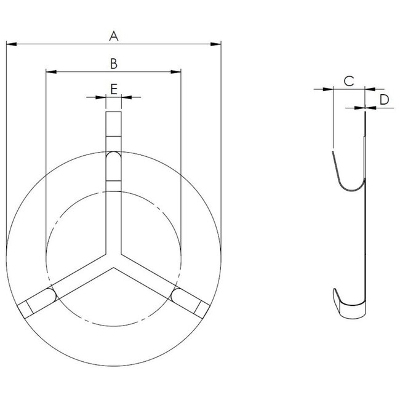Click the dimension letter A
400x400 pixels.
coord(113,36)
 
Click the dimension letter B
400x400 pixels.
coord(113,63)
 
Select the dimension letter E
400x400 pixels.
coord(114,89)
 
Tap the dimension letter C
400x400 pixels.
coord(348,81)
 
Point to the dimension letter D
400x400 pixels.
coord(384,100)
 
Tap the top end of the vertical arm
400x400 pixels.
coord(114,112)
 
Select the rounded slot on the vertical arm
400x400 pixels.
coord(114,165)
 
